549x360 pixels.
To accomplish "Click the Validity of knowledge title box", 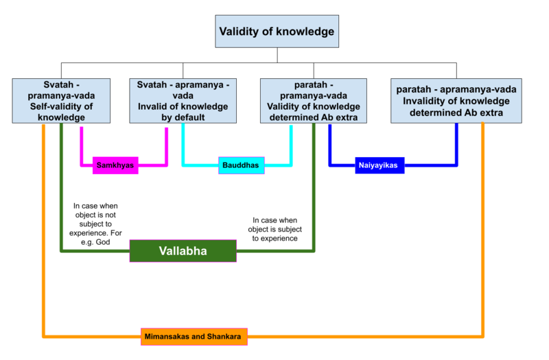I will point(277,32).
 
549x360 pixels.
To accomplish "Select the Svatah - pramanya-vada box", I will point(61,101).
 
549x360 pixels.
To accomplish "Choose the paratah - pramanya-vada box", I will point(314,101).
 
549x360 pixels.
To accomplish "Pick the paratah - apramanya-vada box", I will point(456,101).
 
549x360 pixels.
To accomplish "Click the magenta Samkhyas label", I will point(115,165).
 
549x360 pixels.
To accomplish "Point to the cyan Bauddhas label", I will point(241,165).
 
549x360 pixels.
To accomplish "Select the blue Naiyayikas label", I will point(379,165).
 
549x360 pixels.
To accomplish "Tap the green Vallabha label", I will point(183,251).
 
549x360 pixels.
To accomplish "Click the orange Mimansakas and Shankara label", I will point(194,336).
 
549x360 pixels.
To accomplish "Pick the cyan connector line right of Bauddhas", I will point(278,165).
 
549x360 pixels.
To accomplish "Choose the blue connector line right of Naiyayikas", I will point(431,165).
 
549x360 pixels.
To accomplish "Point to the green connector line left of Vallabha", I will point(96,251).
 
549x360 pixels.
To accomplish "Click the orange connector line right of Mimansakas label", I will point(364,336).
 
